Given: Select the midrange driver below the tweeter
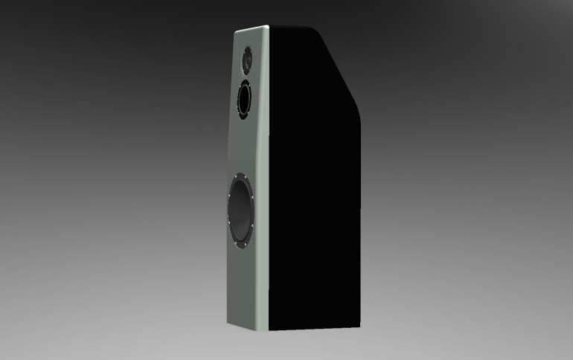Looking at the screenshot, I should coord(244,100).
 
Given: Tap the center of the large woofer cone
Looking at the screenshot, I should coord(241,210).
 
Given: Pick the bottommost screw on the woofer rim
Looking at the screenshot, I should coord(240,246).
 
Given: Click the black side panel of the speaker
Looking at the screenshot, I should coord(313,186).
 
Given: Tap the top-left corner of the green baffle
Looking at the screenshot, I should coord(236,33).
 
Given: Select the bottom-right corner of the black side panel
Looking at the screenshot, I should coord(359,328).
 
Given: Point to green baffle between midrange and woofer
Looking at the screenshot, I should coord(242,145).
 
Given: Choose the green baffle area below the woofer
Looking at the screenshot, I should coord(242,286).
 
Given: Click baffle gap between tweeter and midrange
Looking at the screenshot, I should coord(246,76).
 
